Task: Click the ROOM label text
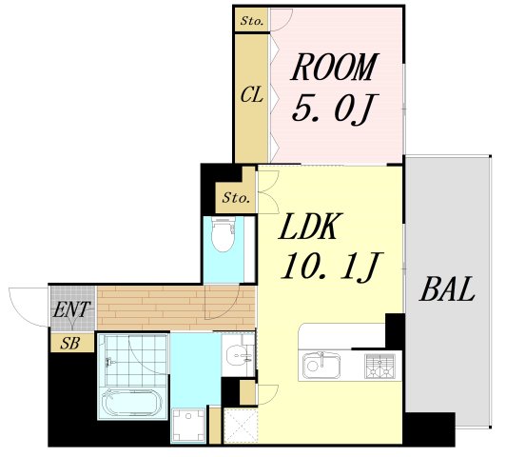point(334,67)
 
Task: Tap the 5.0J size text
point(335,109)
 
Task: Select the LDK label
point(308,226)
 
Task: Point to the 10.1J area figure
point(331,266)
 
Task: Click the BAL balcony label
point(447,288)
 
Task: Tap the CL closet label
point(252,94)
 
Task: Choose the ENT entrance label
point(71,309)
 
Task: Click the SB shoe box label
point(70,344)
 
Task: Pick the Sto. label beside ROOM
point(252,21)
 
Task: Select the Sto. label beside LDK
point(236,197)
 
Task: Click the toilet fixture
point(224,234)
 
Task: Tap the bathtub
point(132,403)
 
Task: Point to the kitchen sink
point(321,366)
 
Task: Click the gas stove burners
point(379,367)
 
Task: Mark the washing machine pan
point(188,425)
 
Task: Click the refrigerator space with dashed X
point(241,426)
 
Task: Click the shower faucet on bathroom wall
point(110,362)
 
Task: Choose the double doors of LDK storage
point(268,191)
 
